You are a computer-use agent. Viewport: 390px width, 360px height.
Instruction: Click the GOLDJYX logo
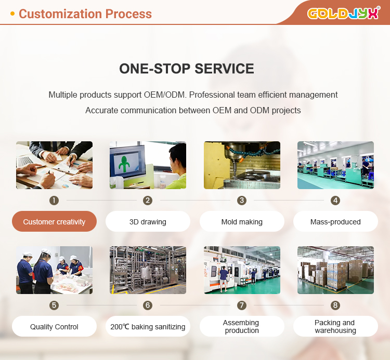click(343, 13)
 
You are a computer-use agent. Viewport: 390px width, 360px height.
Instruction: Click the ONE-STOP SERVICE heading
click(187, 69)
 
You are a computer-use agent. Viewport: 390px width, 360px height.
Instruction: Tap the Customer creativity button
click(54, 222)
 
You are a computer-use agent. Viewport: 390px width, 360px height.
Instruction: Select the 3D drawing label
click(148, 222)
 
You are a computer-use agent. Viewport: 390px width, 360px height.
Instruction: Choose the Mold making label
click(242, 222)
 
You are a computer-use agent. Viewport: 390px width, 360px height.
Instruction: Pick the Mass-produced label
click(335, 222)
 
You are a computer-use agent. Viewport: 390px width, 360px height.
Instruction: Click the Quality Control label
click(54, 327)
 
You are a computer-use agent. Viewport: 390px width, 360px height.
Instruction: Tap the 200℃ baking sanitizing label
click(148, 327)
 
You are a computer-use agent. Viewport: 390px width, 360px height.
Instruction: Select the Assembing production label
click(242, 327)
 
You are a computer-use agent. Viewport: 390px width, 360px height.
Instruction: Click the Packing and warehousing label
click(335, 327)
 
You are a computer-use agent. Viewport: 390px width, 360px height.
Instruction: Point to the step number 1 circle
click(54, 201)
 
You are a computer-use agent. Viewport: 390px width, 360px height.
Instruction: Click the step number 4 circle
click(335, 201)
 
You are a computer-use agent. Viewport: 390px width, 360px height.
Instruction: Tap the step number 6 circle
click(148, 305)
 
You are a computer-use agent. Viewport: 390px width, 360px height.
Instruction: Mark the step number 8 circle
click(335, 305)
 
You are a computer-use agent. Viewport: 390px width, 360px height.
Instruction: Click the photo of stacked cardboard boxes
click(335, 270)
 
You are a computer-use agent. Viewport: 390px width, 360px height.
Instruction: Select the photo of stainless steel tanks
click(148, 270)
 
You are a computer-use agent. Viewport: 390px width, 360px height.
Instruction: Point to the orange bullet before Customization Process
click(12, 14)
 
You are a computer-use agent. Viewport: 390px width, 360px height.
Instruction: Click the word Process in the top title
click(129, 14)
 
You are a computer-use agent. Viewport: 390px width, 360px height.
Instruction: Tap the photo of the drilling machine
click(242, 165)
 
